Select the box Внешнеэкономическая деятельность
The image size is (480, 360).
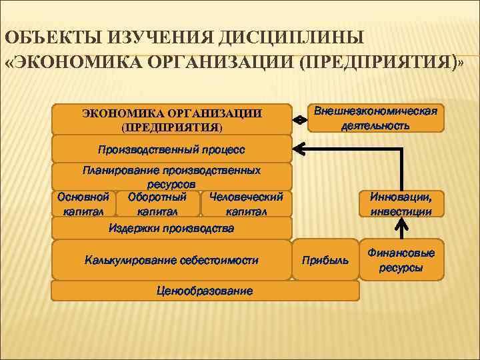pyautogui.click(x=376, y=119)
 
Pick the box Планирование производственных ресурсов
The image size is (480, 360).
pyautogui.click(x=171, y=177)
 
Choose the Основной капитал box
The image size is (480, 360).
pyautogui.click(x=83, y=204)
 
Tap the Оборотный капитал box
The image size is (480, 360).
pyautogui.click(x=157, y=204)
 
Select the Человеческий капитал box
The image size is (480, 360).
pyautogui.click(x=246, y=204)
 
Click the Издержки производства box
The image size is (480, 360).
pyautogui.click(x=171, y=228)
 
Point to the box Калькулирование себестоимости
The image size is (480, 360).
pyautogui.click(x=171, y=260)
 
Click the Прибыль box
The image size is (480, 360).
pyautogui.click(x=325, y=259)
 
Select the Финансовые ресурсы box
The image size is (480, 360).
pyautogui.click(x=401, y=260)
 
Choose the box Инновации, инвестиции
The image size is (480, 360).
pyautogui.click(x=401, y=204)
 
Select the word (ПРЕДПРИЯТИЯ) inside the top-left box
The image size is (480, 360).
pyautogui.click(x=172, y=126)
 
